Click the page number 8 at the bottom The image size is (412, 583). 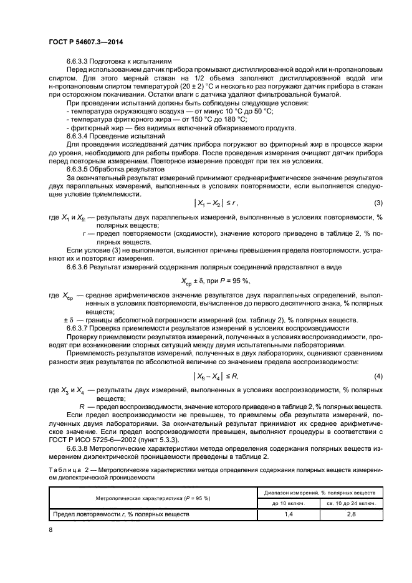tap(50, 529)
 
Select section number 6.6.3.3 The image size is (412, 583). tap(79, 61)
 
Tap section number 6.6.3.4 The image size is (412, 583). tap(79, 135)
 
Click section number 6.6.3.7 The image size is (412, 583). tap(79, 327)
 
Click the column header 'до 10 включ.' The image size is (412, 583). tap(289, 503)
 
